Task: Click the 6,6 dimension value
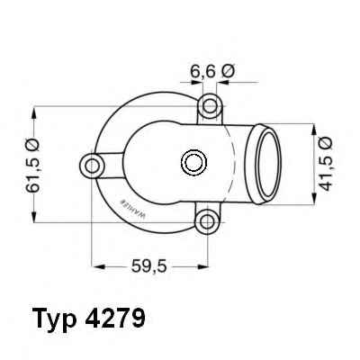coord(202,72)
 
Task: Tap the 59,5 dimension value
coord(148,265)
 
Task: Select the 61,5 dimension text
coord(32,173)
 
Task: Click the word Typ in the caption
coord(54,318)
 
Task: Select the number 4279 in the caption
coord(115,317)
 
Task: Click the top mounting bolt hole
coord(210,106)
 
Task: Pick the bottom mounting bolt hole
coord(207,222)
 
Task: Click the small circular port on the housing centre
coord(193,163)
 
